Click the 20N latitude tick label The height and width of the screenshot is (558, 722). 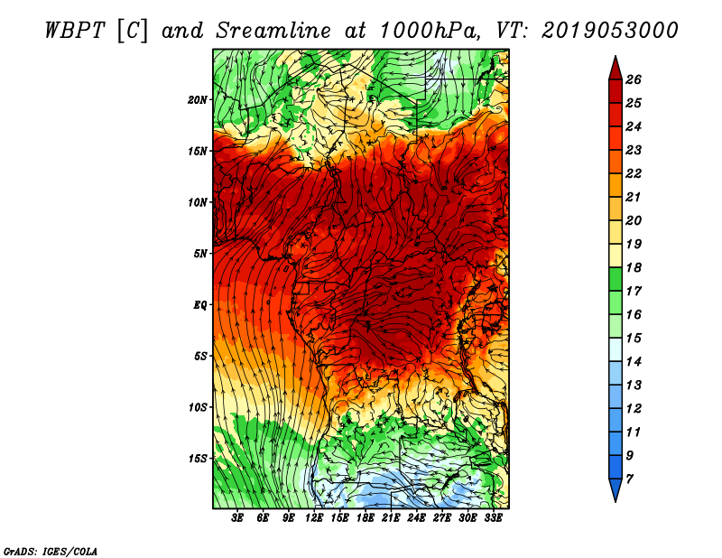pyautogui.click(x=198, y=100)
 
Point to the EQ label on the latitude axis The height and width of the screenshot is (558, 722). pyautogui.click(x=200, y=305)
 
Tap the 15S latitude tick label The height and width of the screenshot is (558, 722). pyautogui.click(x=198, y=459)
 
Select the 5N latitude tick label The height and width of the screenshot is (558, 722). pyautogui.click(x=200, y=254)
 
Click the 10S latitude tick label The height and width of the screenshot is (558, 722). pyautogui.click(x=198, y=407)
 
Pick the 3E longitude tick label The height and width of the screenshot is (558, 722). pyautogui.click(x=237, y=518)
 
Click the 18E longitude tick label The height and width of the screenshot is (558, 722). pyautogui.click(x=366, y=518)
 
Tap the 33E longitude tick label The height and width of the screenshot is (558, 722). pyautogui.click(x=493, y=518)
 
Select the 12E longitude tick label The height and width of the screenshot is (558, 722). pyautogui.click(x=314, y=518)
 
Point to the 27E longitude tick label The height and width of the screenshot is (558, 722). pyautogui.click(x=442, y=518)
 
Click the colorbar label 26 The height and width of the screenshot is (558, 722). pyautogui.click(x=634, y=79)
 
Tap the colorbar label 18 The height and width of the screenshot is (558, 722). pyautogui.click(x=634, y=267)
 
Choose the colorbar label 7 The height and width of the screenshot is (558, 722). pyautogui.click(x=629, y=479)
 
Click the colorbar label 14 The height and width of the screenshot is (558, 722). pyautogui.click(x=634, y=362)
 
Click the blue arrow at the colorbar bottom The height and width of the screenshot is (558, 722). pyautogui.click(x=616, y=489)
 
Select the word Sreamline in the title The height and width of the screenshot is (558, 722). pyautogui.click(x=273, y=31)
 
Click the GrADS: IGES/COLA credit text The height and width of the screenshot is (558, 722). pyautogui.click(x=51, y=552)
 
